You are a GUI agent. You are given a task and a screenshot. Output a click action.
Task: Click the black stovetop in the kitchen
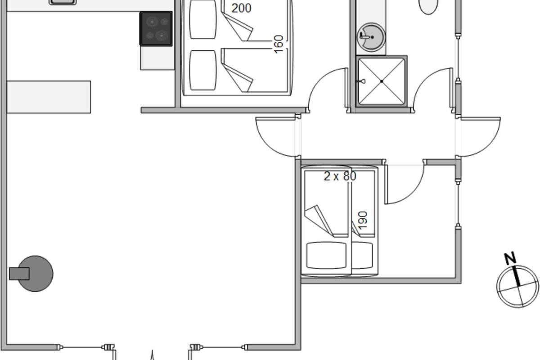pos(156,29)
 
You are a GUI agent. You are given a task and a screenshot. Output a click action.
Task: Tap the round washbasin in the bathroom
pos(371,37)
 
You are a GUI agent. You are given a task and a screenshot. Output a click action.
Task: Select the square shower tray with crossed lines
pos(382,81)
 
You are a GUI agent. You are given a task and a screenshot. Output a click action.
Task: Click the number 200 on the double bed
pos(241,8)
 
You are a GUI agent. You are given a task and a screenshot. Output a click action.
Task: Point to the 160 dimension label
pos(279,45)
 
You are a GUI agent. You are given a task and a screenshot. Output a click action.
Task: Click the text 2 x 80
pos(340,176)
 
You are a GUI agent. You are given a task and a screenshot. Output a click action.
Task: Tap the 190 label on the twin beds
pos(363,220)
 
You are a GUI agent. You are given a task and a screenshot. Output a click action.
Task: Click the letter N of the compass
pos(510,258)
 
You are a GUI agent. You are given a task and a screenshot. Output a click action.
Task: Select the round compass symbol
pos(517,287)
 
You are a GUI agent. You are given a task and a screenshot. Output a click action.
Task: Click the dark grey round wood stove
pos(36,274)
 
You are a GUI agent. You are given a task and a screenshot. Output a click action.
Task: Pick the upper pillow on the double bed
pos(202,19)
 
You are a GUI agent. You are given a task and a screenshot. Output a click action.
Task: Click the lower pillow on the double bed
pos(202,70)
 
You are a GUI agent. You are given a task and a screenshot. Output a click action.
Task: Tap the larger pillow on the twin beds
pos(326,256)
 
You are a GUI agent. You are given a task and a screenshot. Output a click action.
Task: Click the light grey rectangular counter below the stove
pos(157,58)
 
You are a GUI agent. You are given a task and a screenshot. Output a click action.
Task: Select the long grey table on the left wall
pos(49,97)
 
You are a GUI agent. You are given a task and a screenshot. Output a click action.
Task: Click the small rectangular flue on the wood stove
pos(19,274)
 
